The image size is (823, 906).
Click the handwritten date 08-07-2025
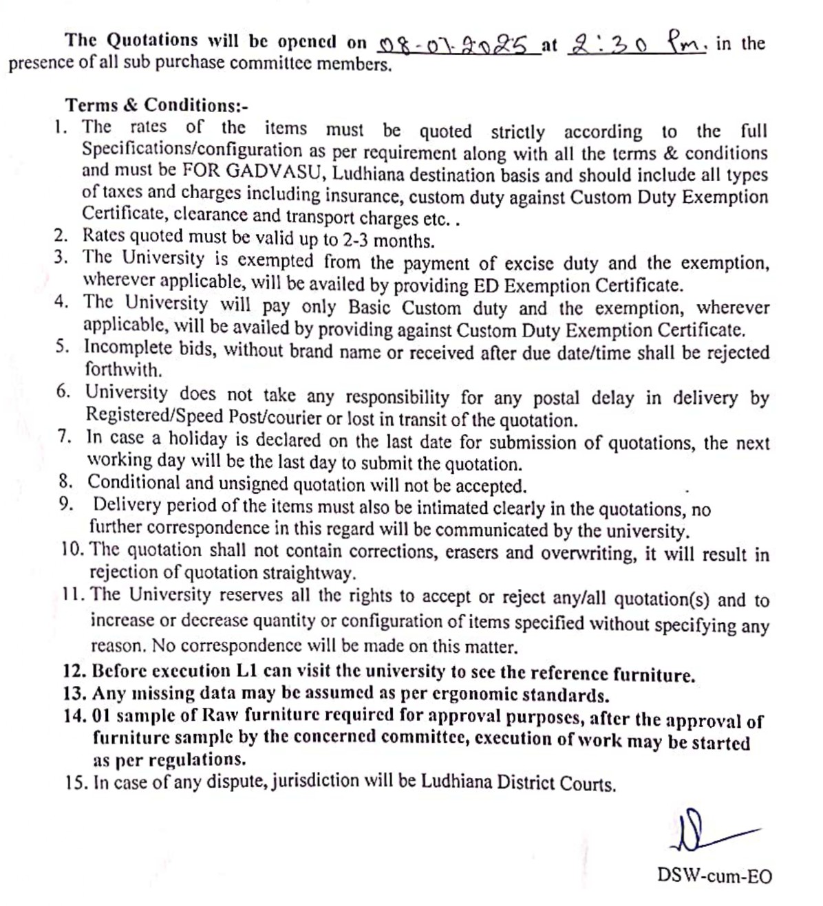tap(458, 45)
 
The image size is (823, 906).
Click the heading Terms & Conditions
tap(156, 105)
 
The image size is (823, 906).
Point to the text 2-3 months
tap(388, 241)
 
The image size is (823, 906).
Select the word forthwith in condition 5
tap(123, 369)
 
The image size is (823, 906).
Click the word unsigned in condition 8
tap(253, 484)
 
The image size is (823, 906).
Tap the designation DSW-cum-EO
tap(714, 876)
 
